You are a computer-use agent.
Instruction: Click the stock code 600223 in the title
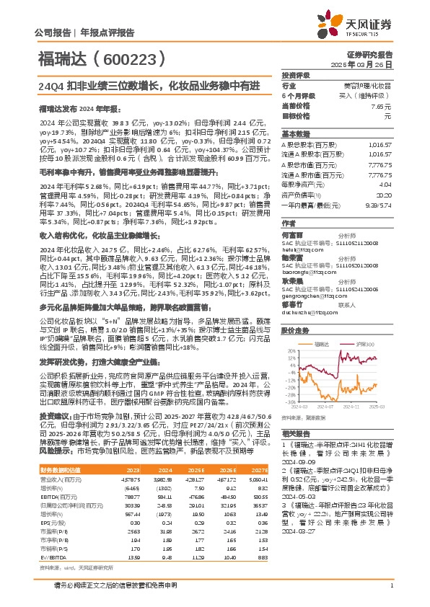click(131, 58)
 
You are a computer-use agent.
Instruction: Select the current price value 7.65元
click(382, 106)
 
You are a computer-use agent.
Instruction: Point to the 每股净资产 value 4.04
click(385, 185)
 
